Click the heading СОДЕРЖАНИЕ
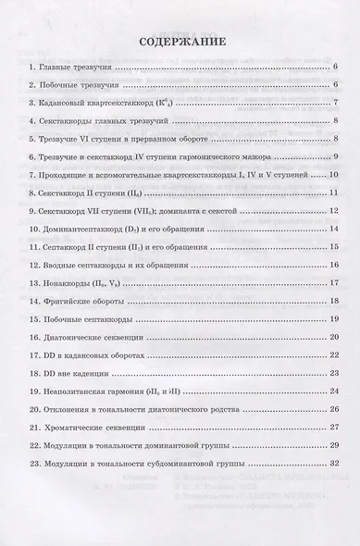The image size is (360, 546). click(180, 42)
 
